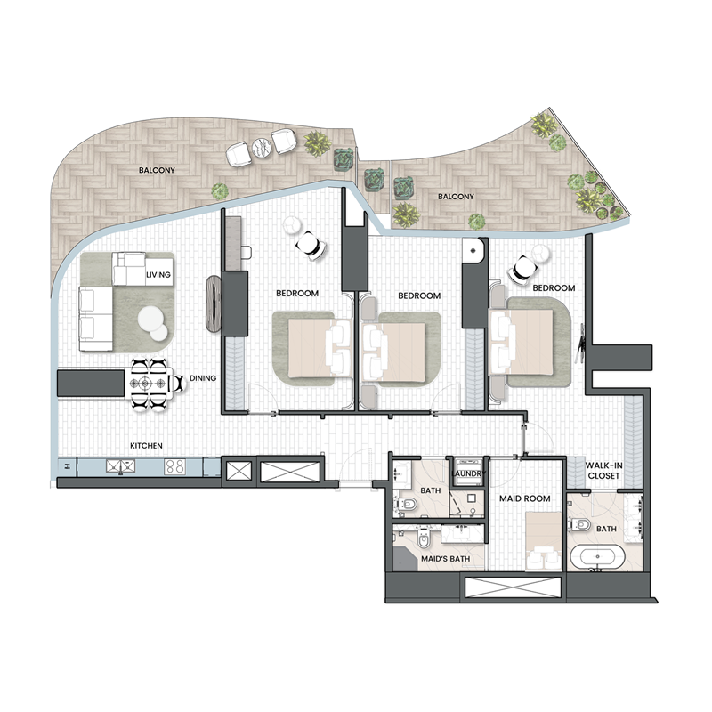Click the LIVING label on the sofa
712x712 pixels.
click(158, 275)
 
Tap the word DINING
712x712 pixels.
click(203, 378)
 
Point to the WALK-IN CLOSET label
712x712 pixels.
click(603, 470)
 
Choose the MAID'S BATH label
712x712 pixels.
click(451, 559)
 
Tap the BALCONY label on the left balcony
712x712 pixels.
click(155, 168)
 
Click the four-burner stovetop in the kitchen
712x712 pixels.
click(175, 465)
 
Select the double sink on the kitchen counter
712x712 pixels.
click(119, 465)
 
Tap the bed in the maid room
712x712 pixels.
click(541, 543)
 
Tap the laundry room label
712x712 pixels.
click(468, 474)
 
